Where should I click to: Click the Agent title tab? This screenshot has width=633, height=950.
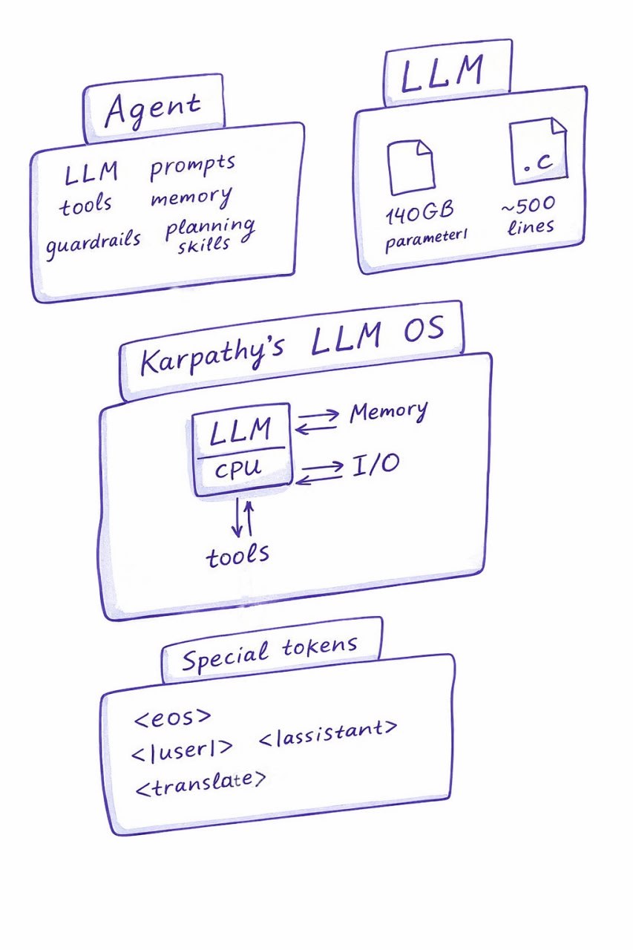point(154,110)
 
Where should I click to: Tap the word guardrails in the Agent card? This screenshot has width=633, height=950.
point(93,242)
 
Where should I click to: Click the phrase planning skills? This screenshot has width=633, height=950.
point(209,235)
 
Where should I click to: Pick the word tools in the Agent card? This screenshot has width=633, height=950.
point(86,204)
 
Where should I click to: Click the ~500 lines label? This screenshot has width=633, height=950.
point(528,214)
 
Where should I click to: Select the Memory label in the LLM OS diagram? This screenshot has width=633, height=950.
point(388,413)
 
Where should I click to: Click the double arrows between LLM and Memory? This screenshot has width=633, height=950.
point(318,422)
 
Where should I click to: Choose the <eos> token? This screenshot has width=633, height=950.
point(173,718)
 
